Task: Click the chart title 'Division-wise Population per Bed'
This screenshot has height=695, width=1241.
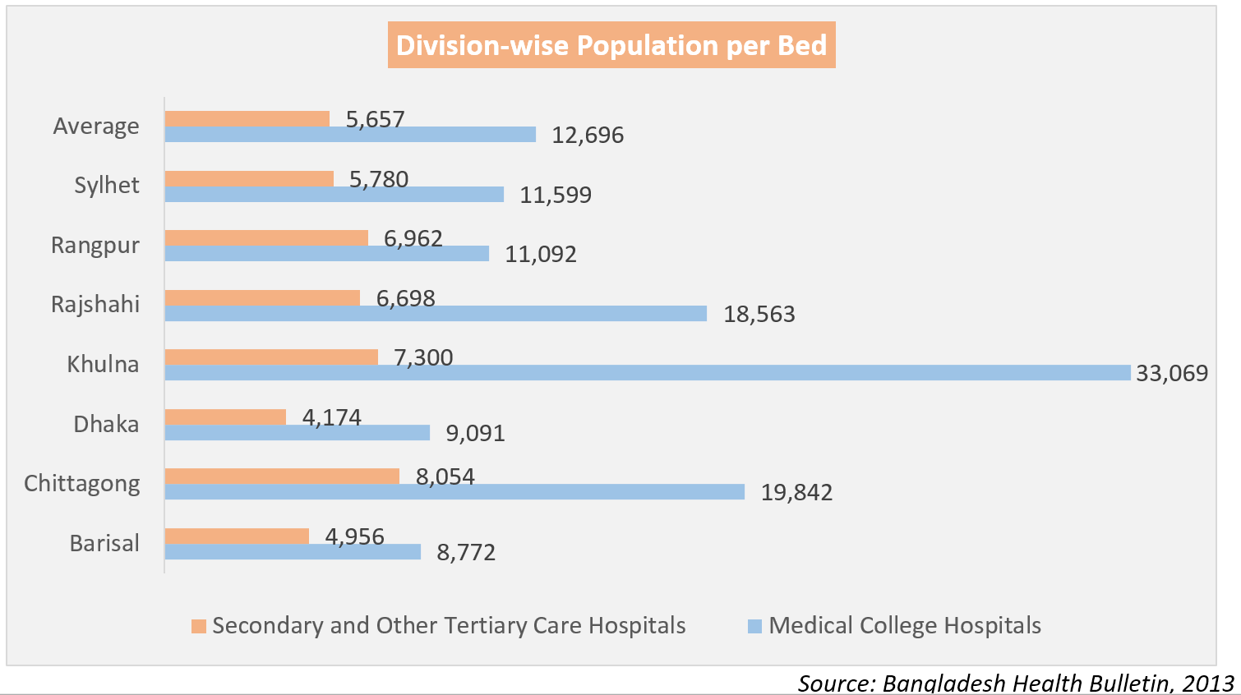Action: click(x=611, y=45)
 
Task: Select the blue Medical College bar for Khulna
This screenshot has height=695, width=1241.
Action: click(x=648, y=373)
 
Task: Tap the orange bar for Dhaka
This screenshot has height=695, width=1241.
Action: click(x=225, y=417)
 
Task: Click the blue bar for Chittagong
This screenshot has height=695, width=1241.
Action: click(x=454, y=492)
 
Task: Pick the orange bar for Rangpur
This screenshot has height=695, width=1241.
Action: click(x=266, y=237)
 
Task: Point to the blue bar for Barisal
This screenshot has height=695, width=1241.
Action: click(x=293, y=552)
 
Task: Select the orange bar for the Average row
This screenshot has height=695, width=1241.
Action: click(x=247, y=118)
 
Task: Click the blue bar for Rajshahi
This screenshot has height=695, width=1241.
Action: click(x=436, y=314)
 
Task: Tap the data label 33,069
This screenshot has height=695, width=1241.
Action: click(x=1172, y=373)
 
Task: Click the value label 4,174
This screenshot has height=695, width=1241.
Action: click(x=332, y=417)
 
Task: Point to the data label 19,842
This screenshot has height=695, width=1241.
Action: click(x=796, y=492)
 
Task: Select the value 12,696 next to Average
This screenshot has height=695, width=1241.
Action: click(x=588, y=135)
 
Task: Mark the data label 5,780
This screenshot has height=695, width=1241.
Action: click(x=379, y=179)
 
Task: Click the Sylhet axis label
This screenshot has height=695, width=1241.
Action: click(x=107, y=185)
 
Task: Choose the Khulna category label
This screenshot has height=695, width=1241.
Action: click(x=103, y=364)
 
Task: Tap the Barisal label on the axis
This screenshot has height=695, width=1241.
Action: click(x=104, y=543)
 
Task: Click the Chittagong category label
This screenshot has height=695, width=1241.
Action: click(x=82, y=483)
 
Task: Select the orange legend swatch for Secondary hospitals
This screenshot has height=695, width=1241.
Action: click(x=199, y=626)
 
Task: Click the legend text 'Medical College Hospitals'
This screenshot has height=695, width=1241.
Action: click(x=905, y=626)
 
